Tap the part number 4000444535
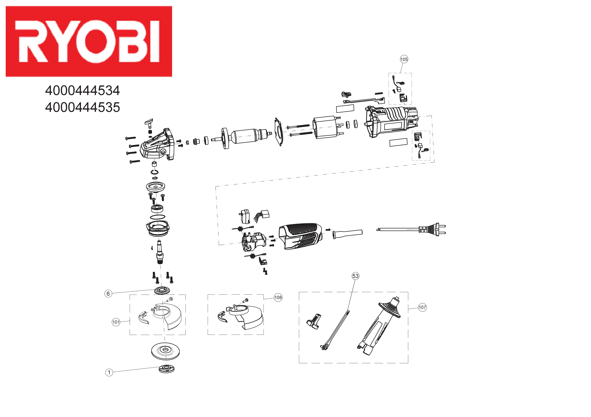(x=82, y=107)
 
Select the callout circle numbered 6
(x=108, y=294)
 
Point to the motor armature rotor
(x=245, y=139)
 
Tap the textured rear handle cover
(x=300, y=235)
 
